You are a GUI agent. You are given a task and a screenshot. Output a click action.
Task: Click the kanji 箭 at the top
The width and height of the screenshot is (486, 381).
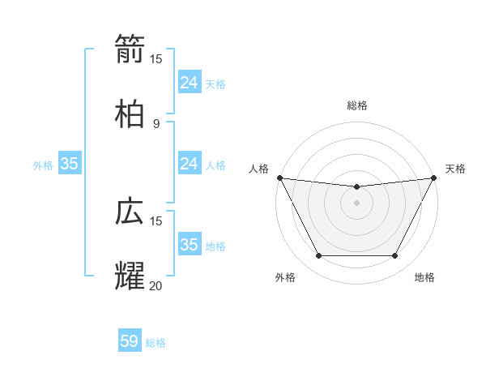[x=130, y=49]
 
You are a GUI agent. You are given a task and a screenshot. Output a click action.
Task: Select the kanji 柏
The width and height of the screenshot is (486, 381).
[x=130, y=114]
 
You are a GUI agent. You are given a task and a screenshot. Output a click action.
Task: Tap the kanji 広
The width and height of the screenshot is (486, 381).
[x=130, y=212]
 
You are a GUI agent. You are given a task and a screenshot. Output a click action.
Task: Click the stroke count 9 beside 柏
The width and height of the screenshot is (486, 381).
[x=156, y=123]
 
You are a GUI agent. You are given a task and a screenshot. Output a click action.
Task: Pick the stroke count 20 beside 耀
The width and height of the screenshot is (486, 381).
[x=156, y=285]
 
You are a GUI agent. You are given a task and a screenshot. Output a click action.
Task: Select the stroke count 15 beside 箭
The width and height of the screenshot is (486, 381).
[x=156, y=58]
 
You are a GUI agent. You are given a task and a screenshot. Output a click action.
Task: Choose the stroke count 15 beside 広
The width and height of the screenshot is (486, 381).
[x=156, y=220]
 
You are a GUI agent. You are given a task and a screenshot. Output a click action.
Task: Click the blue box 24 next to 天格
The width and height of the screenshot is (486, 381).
[x=189, y=83]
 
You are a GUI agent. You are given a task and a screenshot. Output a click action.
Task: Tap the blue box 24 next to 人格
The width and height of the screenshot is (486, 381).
[x=189, y=164]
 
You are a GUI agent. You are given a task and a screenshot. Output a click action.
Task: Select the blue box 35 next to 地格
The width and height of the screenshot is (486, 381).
[x=189, y=245]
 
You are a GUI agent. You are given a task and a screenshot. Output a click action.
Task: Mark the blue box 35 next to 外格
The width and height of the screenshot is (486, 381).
[x=70, y=164]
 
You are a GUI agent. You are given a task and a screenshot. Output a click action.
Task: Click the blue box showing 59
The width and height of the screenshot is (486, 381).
[x=130, y=341]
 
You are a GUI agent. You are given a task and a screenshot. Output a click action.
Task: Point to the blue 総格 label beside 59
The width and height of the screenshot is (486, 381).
[x=156, y=343]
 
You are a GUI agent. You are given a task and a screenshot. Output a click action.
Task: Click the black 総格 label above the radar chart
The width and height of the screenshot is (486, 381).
[x=356, y=105]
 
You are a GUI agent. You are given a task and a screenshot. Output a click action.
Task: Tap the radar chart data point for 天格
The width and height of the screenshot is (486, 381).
[x=435, y=178]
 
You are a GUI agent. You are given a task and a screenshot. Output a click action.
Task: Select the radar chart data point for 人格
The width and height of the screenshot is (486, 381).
[x=279, y=178]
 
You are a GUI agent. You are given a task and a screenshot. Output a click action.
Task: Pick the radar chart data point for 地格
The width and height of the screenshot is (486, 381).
[x=394, y=256]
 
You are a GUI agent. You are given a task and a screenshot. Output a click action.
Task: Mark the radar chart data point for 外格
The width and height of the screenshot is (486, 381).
[x=318, y=256]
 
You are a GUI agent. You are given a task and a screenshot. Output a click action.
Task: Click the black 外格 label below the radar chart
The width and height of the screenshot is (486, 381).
[x=285, y=278]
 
